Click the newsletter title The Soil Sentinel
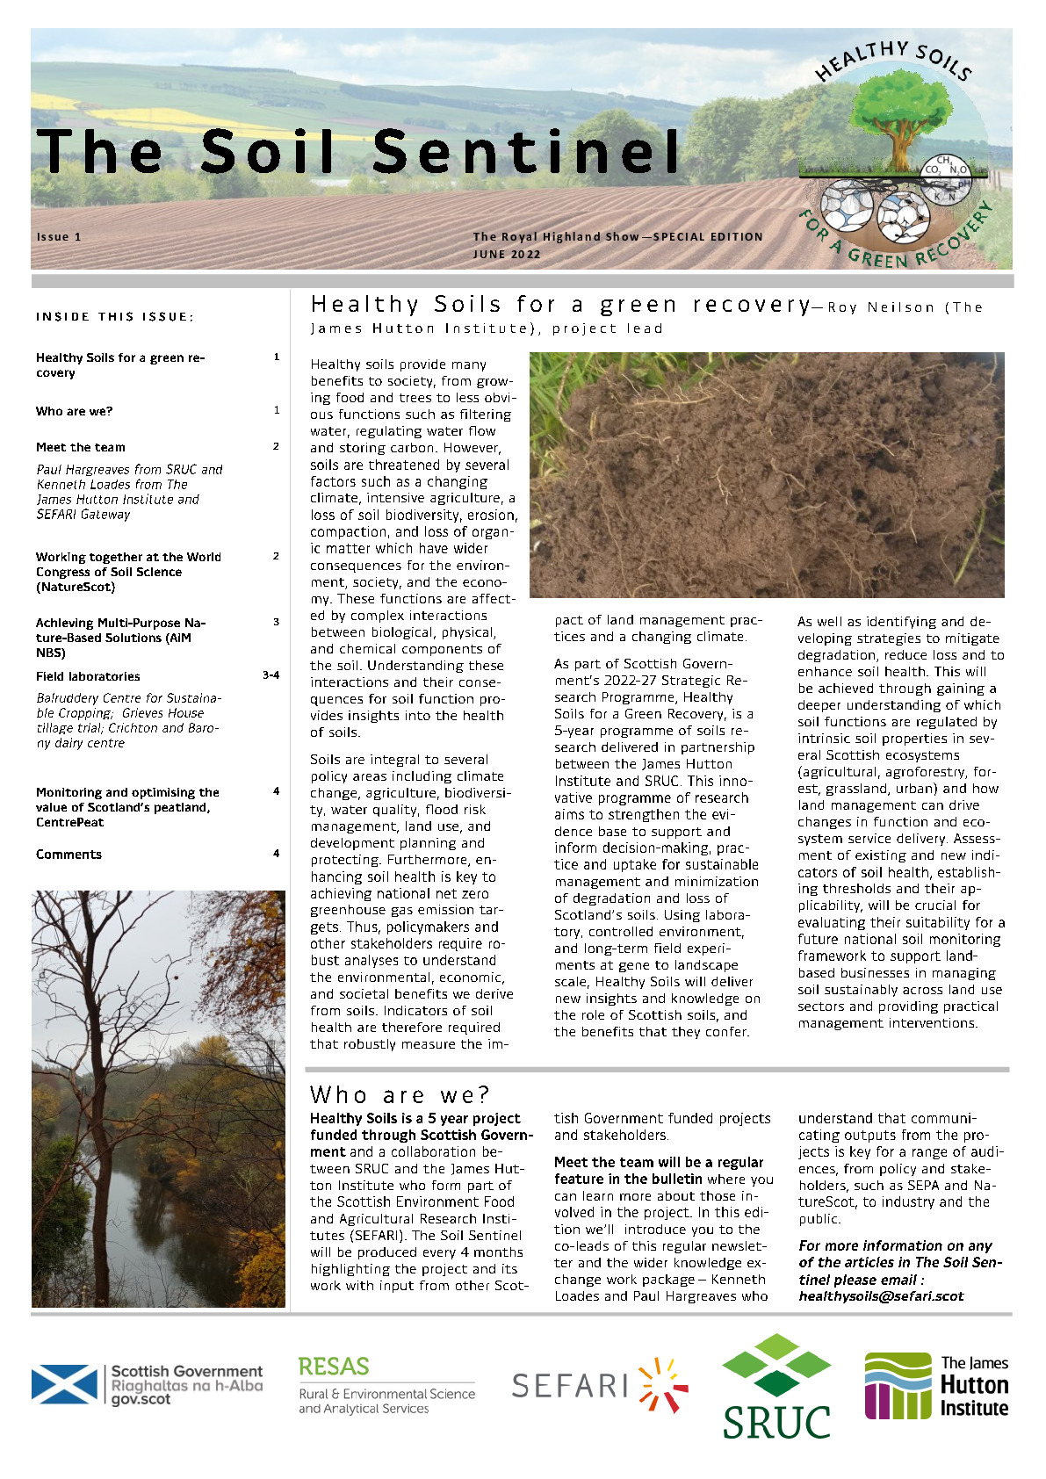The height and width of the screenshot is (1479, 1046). tap(358, 151)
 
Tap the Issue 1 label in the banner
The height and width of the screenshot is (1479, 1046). tap(59, 237)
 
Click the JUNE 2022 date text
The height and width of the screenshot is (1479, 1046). tap(507, 255)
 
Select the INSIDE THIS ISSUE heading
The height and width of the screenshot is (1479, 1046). tap(115, 317)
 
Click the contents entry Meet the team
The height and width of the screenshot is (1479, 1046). tap(81, 447)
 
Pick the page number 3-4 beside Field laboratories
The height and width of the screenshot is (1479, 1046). tap(271, 675)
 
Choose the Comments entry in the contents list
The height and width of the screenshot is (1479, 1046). tap(69, 855)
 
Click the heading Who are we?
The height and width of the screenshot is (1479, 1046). tap(400, 1095)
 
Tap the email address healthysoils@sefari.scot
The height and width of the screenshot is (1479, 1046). tap(881, 1296)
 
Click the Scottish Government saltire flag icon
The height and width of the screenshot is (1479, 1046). tap(64, 1384)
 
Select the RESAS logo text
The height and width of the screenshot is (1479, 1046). tap(334, 1367)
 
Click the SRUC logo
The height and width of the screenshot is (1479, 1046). tap(776, 1388)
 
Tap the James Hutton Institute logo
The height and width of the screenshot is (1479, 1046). tap(936, 1386)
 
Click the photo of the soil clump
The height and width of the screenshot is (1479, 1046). tap(767, 475)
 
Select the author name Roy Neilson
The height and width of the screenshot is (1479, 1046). tap(881, 307)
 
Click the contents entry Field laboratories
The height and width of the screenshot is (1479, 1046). tap(88, 676)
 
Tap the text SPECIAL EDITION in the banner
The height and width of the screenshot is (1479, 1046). tap(708, 237)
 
